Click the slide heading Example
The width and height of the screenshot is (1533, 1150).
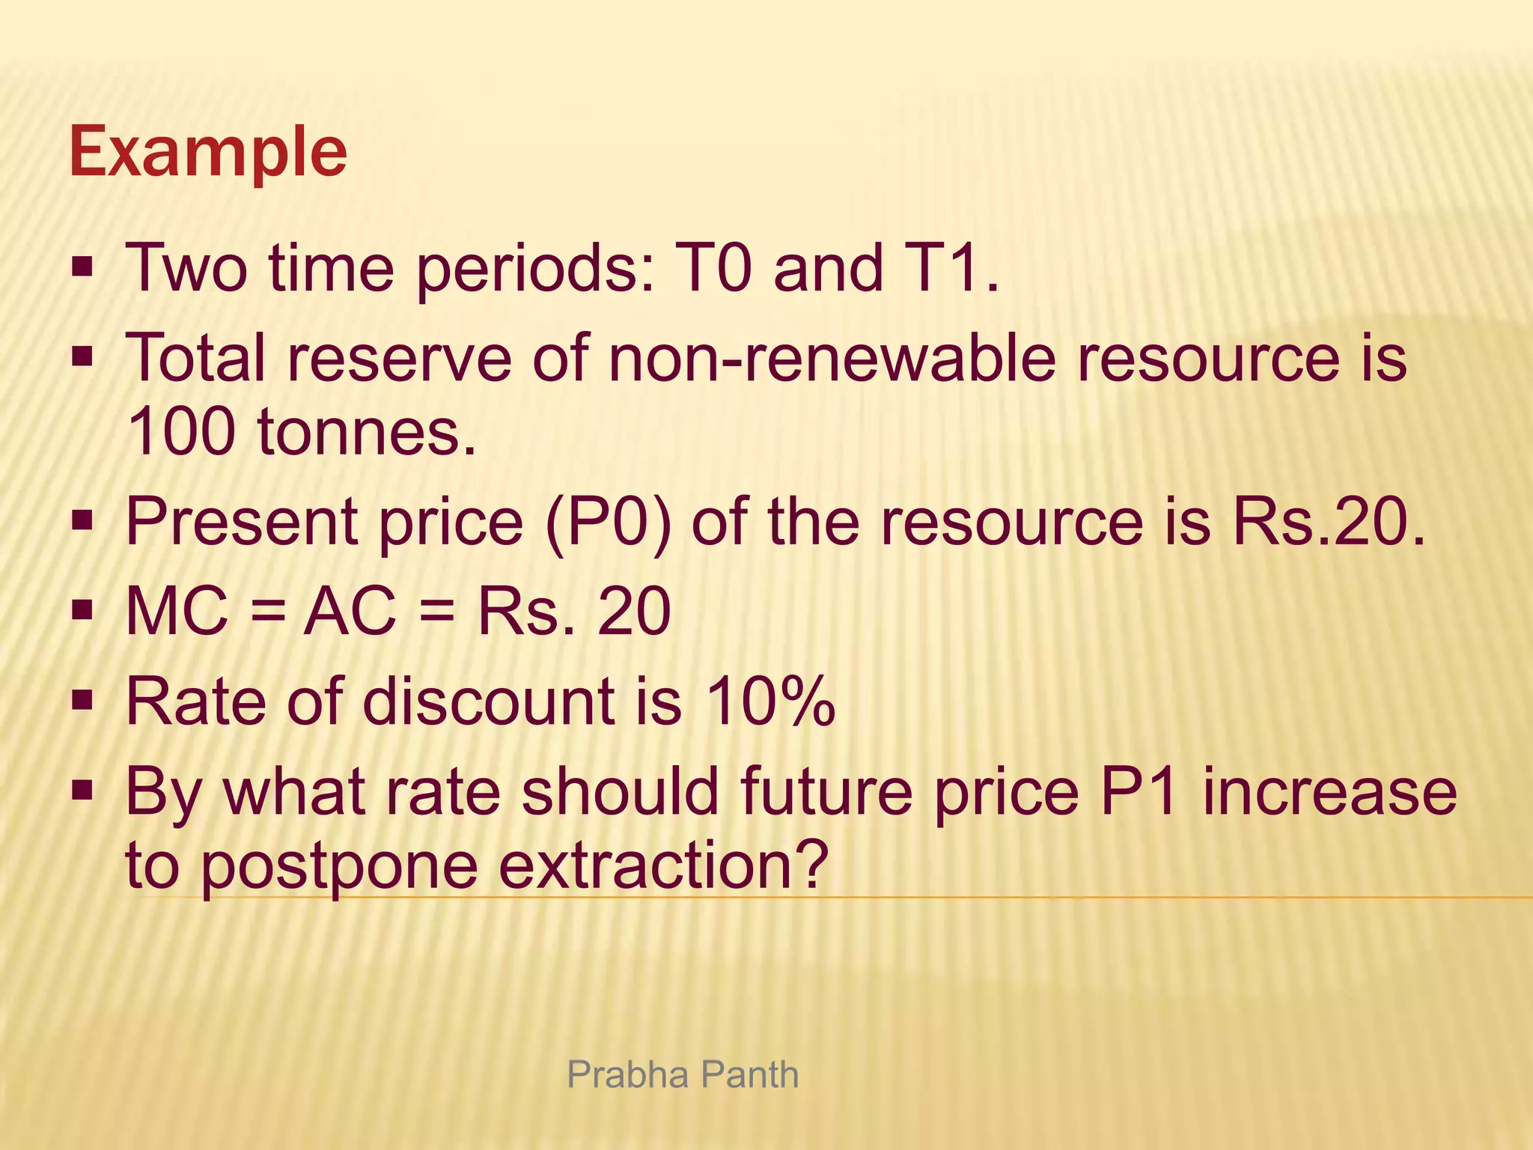pyautogui.click(x=208, y=152)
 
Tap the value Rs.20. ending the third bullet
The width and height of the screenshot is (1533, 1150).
pyautogui.click(x=1329, y=522)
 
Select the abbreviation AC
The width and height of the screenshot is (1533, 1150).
pyautogui.click(x=350, y=612)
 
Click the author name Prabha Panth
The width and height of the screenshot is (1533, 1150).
pyautogui.click(x=683, y=1075)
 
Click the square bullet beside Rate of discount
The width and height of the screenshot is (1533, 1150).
pyautogui.click(x=82, y=702)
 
